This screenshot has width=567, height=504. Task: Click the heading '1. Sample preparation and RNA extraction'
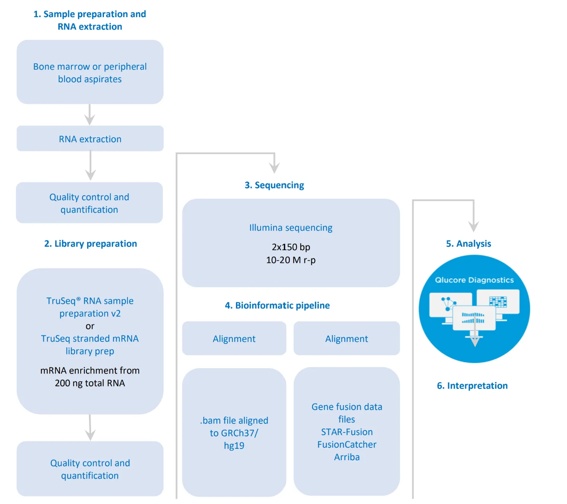[90, 20]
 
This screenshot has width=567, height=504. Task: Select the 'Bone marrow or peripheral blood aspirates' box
[90, 72]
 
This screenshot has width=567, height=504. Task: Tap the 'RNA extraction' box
[90, 139]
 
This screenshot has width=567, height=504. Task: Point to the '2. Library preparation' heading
[91, 244]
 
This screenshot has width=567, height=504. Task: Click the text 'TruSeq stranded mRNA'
[90, 338]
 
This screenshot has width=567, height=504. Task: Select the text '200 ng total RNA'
[90, 383]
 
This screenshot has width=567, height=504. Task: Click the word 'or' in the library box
[90, 326]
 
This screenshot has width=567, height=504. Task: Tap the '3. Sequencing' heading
[274, 185]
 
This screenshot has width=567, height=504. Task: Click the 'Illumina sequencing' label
[291, 228]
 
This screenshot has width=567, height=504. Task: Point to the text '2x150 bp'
[291, 247]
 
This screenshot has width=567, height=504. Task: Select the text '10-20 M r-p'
[291, 260]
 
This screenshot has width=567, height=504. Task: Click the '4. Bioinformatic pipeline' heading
[277, 305]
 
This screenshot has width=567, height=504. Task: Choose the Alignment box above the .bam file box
[234, 339]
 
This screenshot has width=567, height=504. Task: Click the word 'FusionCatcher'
[347, 445]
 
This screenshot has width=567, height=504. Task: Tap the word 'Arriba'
[347, 457]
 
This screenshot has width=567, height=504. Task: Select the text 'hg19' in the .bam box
[234, 446]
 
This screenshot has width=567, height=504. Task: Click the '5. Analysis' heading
[468, 244]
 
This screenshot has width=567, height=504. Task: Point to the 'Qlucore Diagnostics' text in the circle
[474, 280]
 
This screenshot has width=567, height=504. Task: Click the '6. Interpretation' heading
[472, 386]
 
